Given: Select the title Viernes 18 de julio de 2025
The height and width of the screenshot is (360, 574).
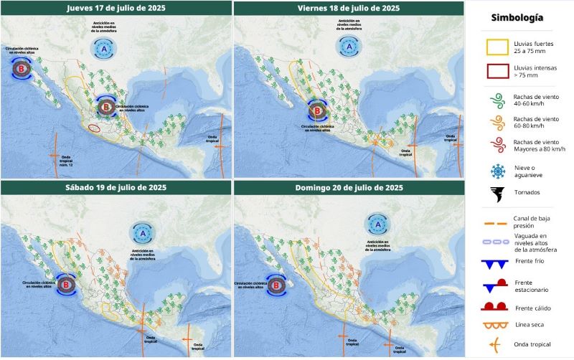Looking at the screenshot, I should pyautogui.click(x=349, y=8).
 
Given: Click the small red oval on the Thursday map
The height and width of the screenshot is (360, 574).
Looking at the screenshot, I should pyautogui.click(x=94, y=128).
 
